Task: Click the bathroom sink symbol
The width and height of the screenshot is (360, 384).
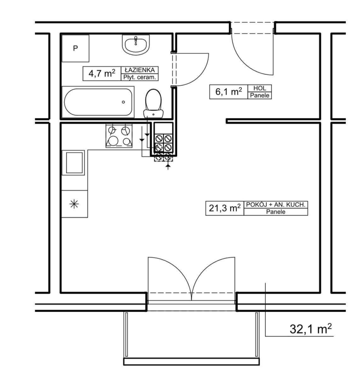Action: pos(136,45)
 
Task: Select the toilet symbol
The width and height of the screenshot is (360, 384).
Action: pos(153,103)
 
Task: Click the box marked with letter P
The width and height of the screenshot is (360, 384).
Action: pos(75,48)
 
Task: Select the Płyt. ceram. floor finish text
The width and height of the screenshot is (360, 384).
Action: pos(139,78)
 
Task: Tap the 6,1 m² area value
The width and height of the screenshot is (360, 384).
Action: pos(229,92)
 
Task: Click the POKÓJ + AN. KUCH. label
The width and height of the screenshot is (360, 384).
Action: pos(276,204)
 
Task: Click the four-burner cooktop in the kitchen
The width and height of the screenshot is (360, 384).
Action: pos(119,136)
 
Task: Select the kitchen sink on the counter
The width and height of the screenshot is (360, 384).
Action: pos(74,162)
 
